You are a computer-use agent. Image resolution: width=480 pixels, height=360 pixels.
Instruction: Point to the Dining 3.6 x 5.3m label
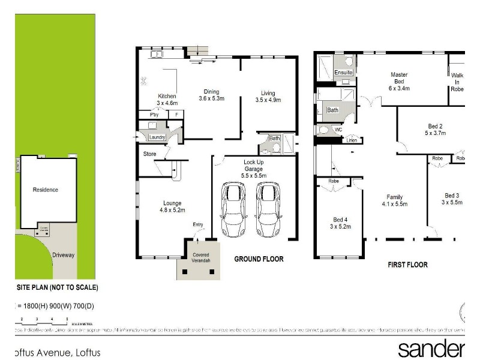pyautogui.click(x=211, y=95)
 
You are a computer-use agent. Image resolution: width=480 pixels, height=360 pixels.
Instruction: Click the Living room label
pyautogui.click(x=268, y=96)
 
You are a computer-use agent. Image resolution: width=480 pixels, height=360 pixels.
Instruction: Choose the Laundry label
pyautogui.click(x=157, y=137)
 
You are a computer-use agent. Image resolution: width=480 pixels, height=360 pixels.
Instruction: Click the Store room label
pyautogui.click(x=149, y=154)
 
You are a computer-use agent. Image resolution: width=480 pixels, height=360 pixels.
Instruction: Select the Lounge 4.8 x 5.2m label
pyautogui.click(x=171, y=206)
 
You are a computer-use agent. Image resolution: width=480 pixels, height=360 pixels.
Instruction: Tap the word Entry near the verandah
pyautogui.click(x=198, y=225)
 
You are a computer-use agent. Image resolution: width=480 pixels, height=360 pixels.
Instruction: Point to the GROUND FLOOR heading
pyautogui.click(x=259, y=259)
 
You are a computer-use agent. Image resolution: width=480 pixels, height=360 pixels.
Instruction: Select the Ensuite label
pyautogui.click(x=344, y=73)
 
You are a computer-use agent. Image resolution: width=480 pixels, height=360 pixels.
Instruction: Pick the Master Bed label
pyautogui.click(x=399, y=78)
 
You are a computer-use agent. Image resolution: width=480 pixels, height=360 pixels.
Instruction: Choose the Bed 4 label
pyautogui.click(x=340, y=223)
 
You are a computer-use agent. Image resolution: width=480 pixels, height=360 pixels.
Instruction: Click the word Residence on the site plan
pyautogui.click(x=46, y=190)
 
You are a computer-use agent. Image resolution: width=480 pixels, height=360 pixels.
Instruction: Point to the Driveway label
pyautogui.click(x=63, y=255)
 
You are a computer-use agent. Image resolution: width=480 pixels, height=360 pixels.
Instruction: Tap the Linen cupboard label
pyautogui.click(x=352, y=140)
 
